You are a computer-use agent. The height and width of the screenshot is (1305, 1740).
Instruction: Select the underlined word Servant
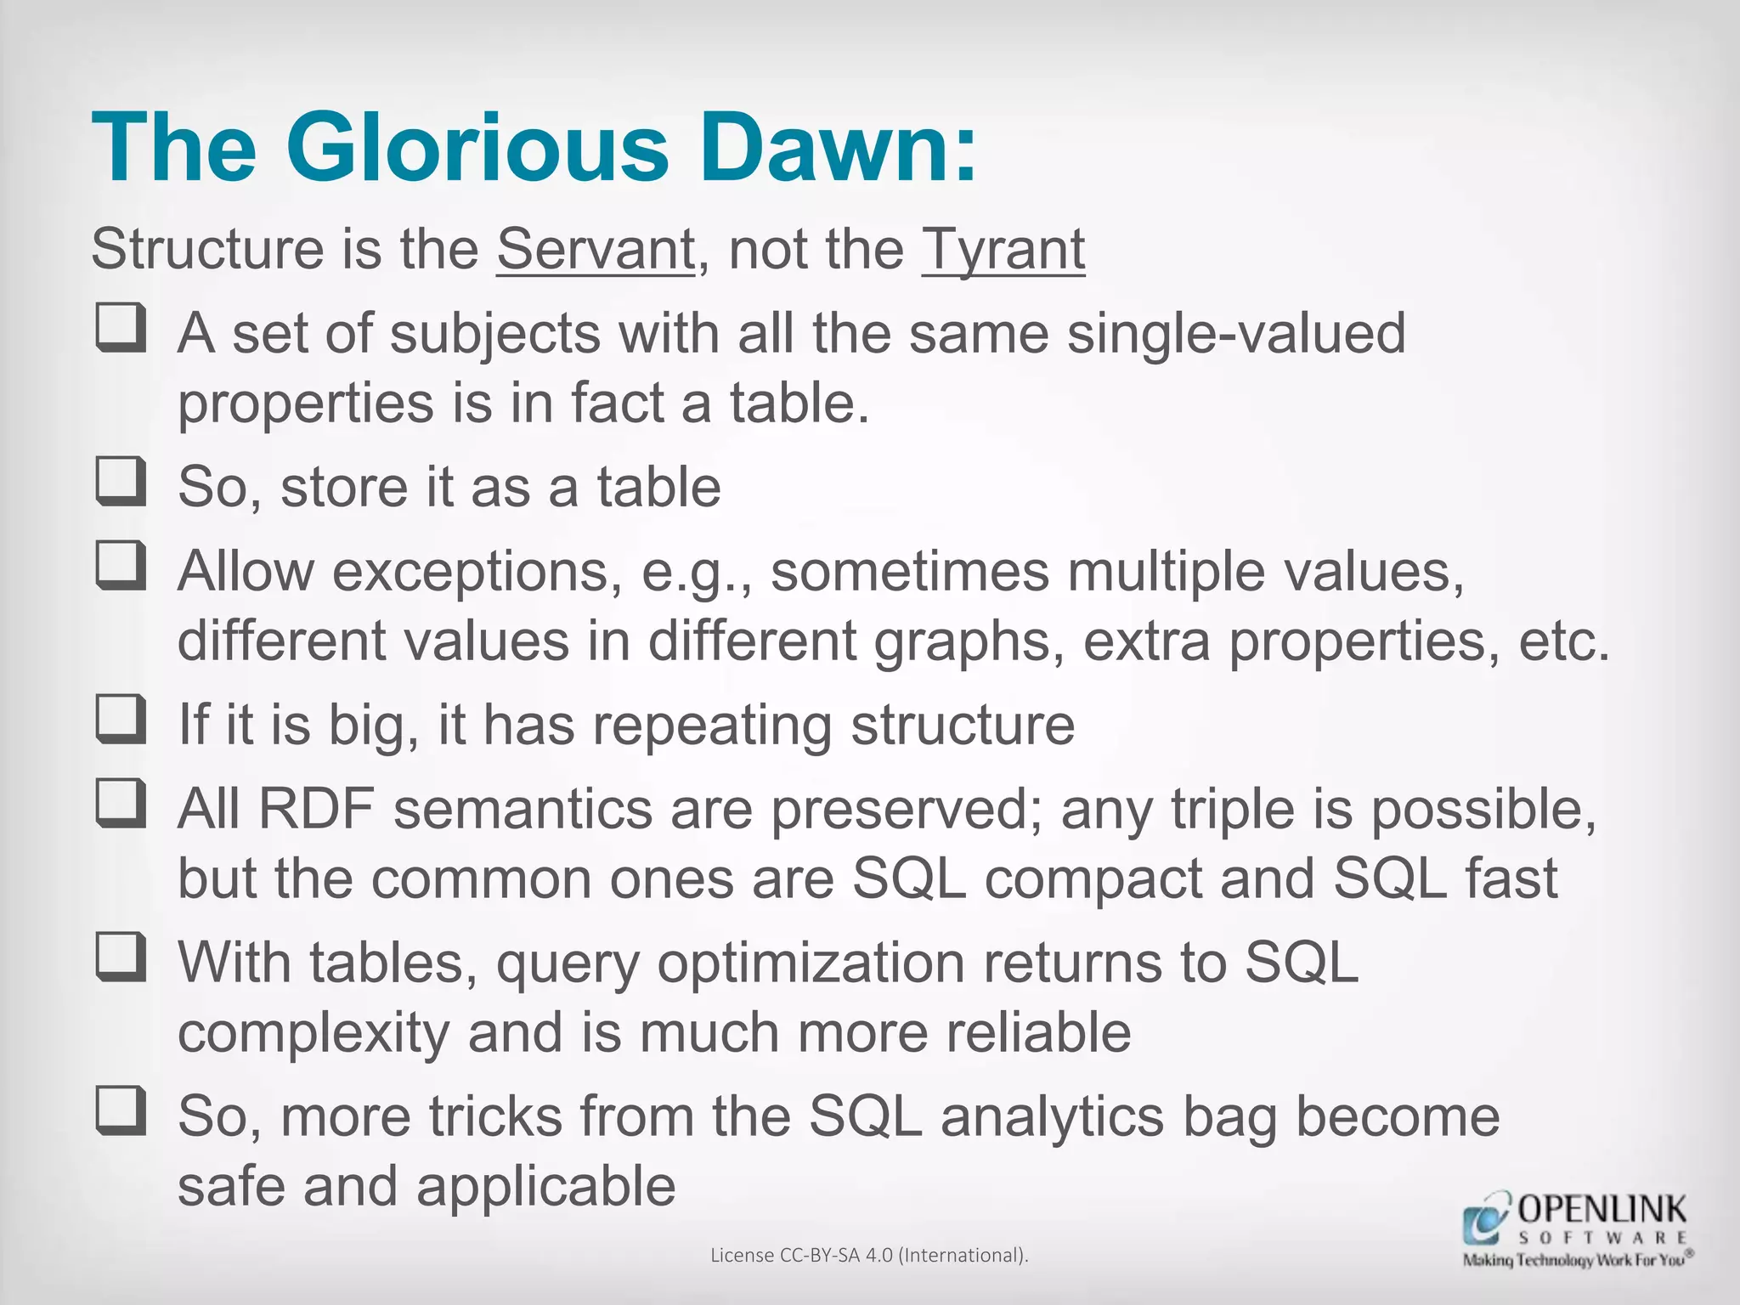[x=596, y=250]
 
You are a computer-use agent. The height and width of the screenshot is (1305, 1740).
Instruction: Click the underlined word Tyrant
[x=1003, y=250]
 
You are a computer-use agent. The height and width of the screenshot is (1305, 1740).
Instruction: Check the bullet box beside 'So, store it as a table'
[x=121, y=483]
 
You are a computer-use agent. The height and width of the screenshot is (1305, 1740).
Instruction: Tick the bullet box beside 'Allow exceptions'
[x=121, y=567]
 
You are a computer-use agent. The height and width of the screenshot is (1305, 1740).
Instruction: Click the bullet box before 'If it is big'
[x=121, y=720]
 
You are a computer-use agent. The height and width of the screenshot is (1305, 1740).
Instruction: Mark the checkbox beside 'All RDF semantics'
[x=121, y=805]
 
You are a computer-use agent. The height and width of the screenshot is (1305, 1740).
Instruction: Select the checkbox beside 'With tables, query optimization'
[x=121, y=958]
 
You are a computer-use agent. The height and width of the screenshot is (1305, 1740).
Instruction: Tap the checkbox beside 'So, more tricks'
[x=121, y=1112]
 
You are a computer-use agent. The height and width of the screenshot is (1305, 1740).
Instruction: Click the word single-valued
[x=1236, y=333]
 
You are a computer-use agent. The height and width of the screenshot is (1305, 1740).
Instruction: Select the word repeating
[x=712, y=726]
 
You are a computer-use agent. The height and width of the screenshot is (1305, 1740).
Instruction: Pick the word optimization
[x=811, y=963]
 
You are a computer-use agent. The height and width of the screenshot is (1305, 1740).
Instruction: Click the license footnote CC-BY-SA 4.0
[x=869, y=1255]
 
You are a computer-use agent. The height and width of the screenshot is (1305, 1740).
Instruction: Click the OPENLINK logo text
[x=1601, y=1209]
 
